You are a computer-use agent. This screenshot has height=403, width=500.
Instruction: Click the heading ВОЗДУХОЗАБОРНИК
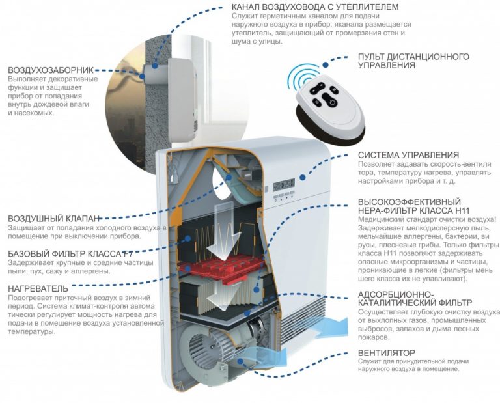click(x=51, y=70)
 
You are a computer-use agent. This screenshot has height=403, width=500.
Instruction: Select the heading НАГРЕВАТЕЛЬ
click(x=38, y=288)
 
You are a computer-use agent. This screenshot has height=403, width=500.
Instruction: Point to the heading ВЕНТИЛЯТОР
click(x=387, y=354)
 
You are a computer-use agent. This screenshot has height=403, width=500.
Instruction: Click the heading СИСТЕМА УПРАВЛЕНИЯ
click(x=408, y=155)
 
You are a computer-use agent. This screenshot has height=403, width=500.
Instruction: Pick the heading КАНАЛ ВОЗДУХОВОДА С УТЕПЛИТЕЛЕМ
click(x=315, y=7)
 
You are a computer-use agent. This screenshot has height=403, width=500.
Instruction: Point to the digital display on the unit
click(x=283, y=184)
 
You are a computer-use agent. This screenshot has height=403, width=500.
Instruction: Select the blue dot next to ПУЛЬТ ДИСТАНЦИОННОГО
click(x=326, y=64)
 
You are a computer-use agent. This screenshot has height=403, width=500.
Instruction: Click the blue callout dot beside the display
click(x=302, y=177)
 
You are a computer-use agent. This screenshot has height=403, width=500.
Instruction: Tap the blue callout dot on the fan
click(x=240, y=361)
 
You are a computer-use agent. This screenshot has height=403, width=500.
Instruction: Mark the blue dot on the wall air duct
click(x=155, y=66)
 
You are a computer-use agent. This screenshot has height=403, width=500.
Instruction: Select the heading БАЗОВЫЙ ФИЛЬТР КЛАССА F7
click(x=70, y=254)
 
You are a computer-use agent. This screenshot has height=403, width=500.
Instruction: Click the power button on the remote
click(x=331, y=102)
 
